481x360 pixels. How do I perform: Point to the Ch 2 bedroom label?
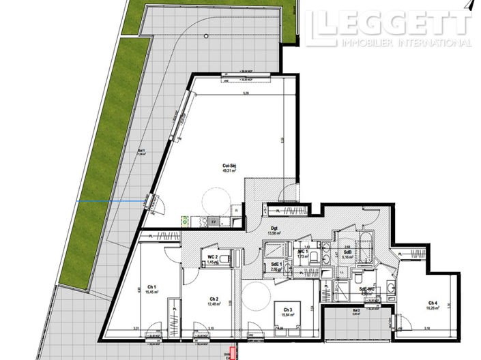(214, 299)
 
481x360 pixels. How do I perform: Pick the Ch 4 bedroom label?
(433, 303)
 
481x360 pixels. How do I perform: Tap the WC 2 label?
(212, 256)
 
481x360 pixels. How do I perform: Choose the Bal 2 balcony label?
(356, 311)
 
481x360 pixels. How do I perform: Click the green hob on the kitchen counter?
(185, 220)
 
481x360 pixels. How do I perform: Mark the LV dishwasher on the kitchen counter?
(213, 222)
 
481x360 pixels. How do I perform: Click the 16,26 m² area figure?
(433, 308)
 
